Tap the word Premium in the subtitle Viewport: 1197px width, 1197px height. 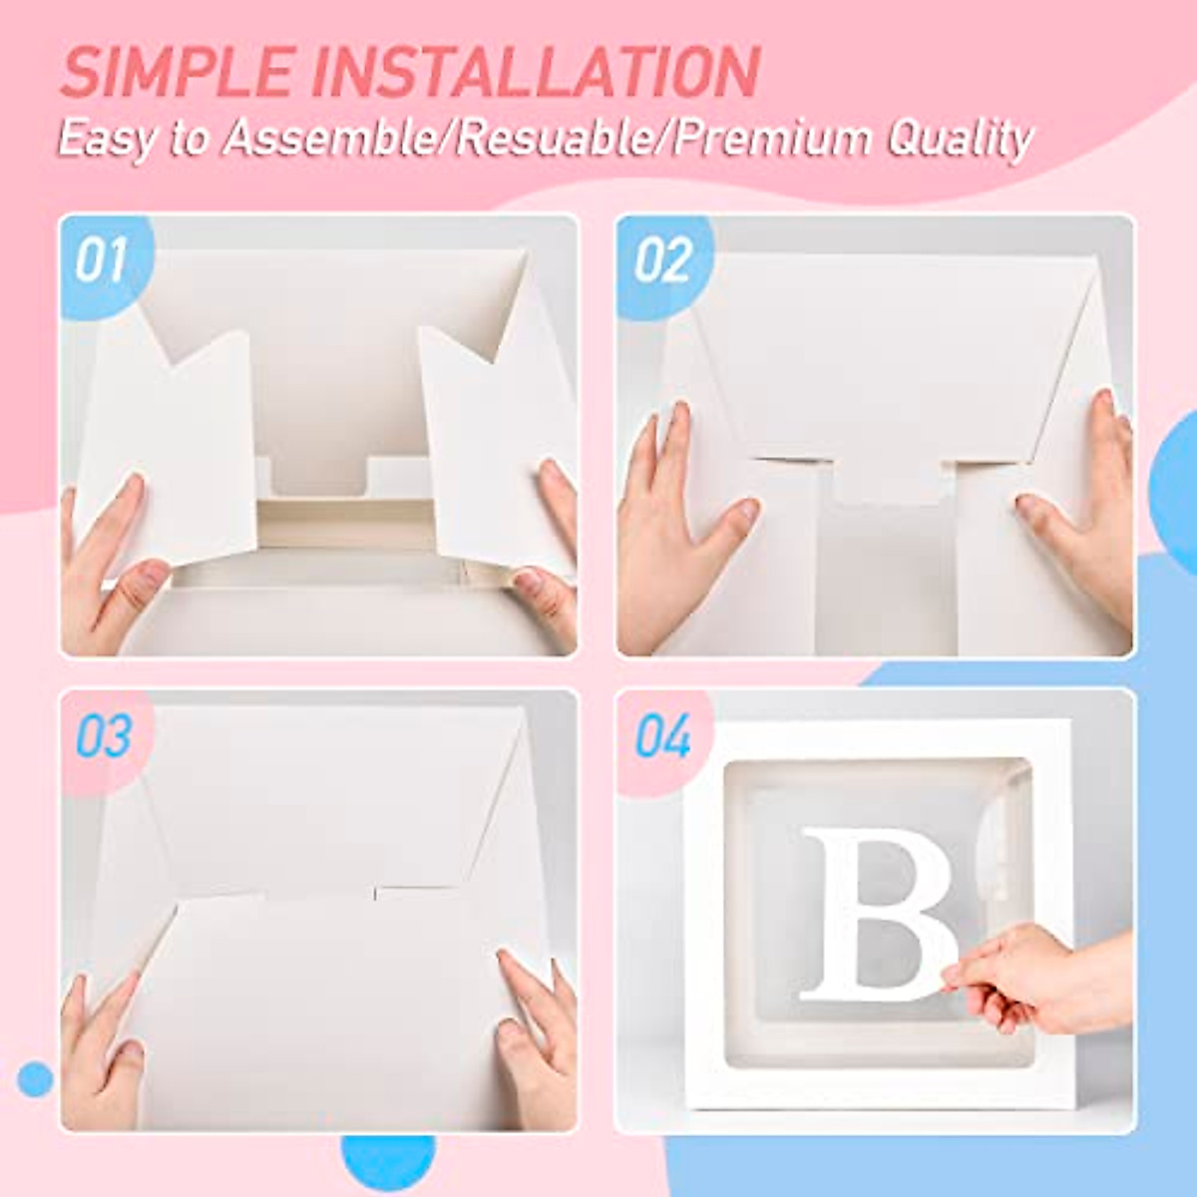tap(773, 139)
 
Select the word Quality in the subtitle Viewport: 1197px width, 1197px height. tap(959, 139)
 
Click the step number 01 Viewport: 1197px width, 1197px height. tap(101, 261)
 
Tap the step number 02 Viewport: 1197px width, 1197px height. tap(662, 261)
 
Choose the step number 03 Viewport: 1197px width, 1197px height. tap(104, 737)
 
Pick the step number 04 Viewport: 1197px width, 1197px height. tap(662, 739)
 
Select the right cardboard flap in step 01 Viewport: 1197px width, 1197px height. tap(489, 439)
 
